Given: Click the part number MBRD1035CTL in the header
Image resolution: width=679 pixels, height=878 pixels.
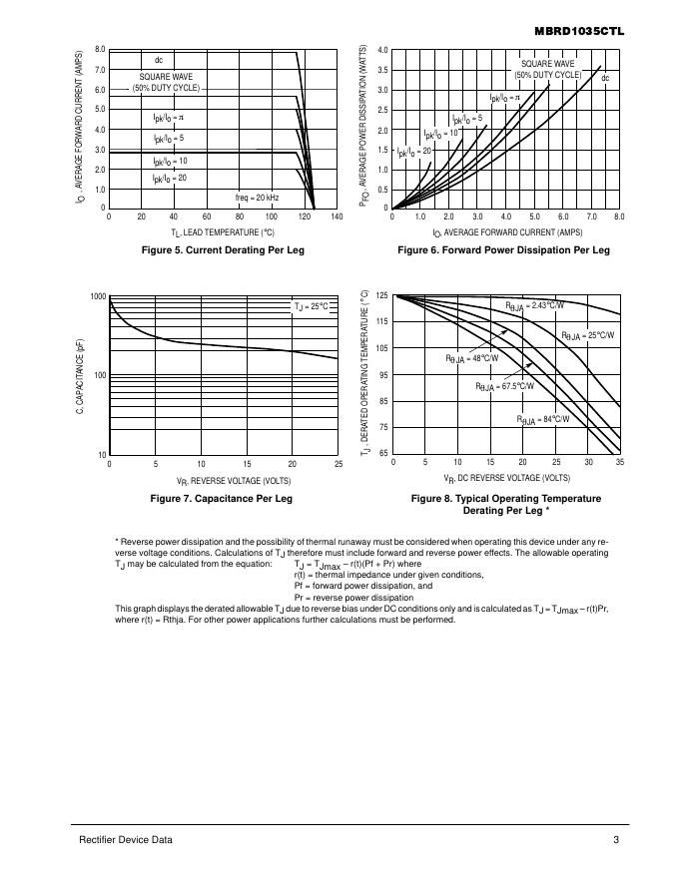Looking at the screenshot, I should (x=579, y=31).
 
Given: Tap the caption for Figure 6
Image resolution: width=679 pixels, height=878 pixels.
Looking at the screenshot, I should (x=503, y=249).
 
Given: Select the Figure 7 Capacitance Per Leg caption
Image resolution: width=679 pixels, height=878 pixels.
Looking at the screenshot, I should (x=222, y=497).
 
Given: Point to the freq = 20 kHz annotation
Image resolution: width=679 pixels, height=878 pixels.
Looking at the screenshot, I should (x=257, y=198).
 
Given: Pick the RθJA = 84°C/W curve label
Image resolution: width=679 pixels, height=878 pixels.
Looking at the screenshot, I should (x=543, y=420).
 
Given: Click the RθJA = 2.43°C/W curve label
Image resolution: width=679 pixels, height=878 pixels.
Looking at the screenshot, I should (x=534, y=305).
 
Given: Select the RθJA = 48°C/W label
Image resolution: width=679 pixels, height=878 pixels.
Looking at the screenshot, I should (x=471, y=357).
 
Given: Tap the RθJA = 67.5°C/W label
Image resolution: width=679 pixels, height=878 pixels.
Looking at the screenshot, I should (x=504, y=386).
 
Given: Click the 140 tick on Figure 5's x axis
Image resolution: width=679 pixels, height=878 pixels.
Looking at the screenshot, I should (x=337, y=217).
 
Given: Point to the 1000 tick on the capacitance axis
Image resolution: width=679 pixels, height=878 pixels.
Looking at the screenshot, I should (x=98, y=297).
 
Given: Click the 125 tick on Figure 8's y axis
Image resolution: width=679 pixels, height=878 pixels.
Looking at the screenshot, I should (x=381, y=296).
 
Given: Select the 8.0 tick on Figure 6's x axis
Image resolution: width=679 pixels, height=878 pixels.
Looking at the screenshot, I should (x=619, y=217).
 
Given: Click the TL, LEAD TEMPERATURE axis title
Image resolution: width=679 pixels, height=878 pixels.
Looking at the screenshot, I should (x=223, y=231).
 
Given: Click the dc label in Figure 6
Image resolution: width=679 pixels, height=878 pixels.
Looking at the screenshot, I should (x=605, y=78).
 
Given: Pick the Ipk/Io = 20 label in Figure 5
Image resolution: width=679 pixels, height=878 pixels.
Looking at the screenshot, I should (x=170, y=178).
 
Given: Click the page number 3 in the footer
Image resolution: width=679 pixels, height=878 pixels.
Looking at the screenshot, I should (x=616, y=840).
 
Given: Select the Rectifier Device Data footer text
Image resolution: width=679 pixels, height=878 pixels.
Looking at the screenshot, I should (x=125, y=840).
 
